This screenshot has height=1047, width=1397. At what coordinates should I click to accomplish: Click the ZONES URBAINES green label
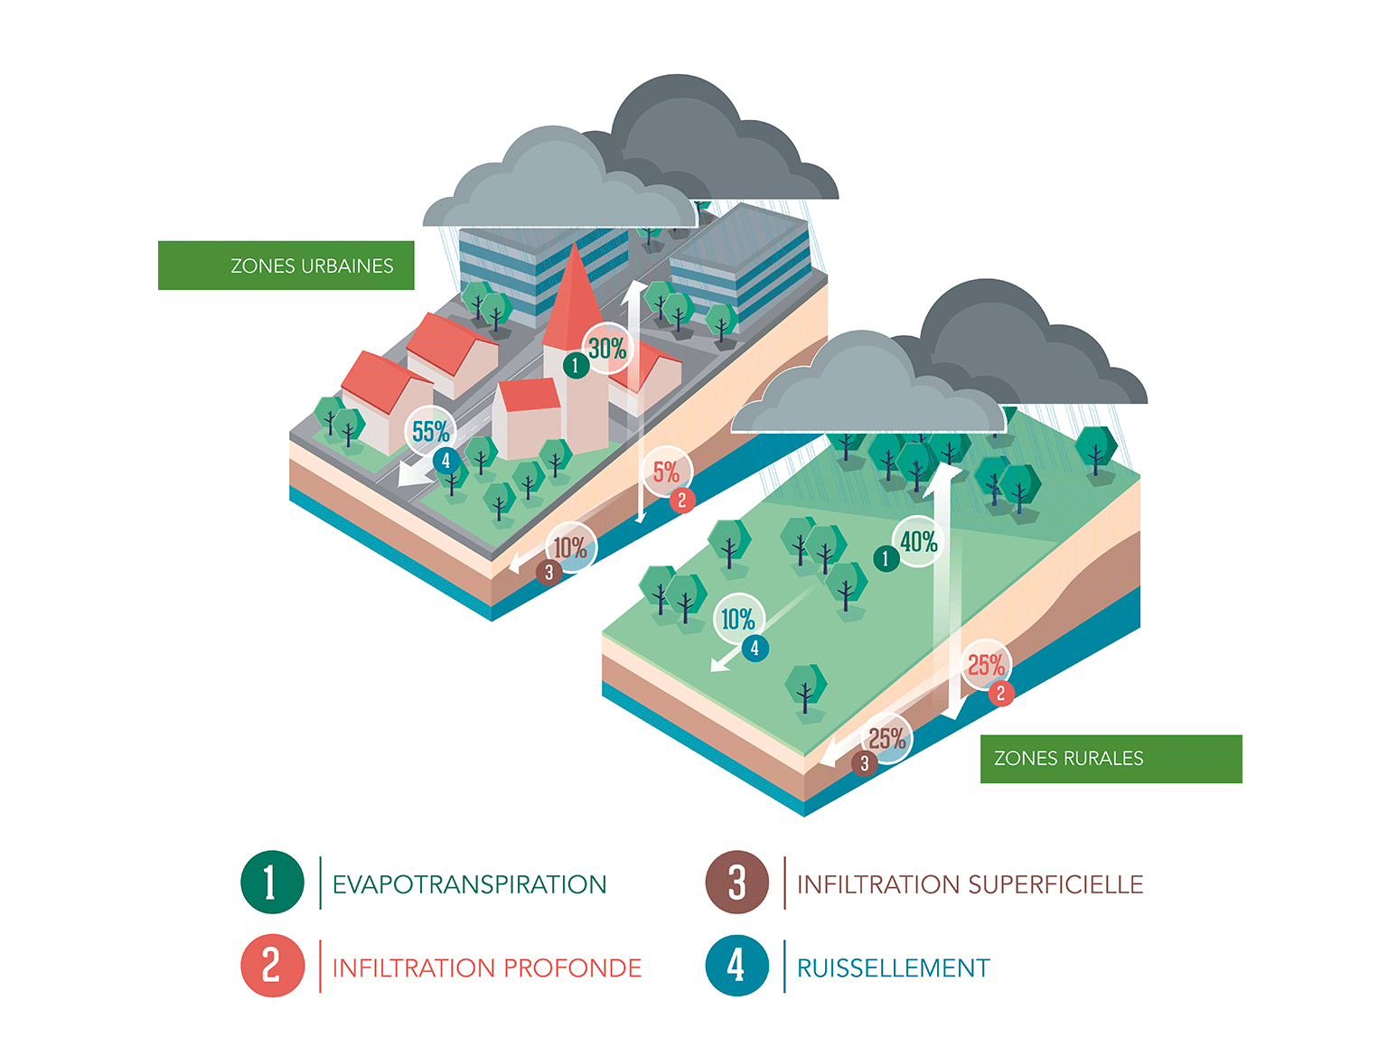286,266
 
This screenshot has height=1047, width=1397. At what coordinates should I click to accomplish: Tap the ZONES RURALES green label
1111,759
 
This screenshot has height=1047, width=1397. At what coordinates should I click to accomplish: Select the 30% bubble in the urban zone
608,348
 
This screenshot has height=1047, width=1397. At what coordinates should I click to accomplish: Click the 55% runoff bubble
431,432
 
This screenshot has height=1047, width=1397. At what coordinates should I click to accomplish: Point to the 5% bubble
667,472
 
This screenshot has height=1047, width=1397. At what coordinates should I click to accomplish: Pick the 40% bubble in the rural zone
919,542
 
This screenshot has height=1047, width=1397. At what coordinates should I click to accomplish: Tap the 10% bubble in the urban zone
570,547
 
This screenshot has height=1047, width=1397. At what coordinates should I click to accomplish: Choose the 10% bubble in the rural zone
738,619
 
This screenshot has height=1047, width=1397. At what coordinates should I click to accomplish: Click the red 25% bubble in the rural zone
986,666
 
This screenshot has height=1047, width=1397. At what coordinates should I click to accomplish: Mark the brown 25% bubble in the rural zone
887,738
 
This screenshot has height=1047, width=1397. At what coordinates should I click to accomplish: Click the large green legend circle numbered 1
272,883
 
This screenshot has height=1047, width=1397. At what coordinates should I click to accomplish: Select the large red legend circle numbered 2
272,966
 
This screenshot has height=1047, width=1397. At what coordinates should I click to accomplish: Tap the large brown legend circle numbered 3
736,883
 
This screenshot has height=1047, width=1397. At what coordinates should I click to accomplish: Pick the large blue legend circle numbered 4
736,966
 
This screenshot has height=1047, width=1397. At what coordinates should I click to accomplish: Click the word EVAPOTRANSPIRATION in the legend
469,884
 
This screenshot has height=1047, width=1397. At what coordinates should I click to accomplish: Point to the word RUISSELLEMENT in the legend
893,968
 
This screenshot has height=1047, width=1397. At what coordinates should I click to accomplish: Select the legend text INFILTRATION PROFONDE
486,968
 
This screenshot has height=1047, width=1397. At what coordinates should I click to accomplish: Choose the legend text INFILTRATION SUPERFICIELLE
970,884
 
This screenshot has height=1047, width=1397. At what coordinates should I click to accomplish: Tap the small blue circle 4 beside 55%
445,461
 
